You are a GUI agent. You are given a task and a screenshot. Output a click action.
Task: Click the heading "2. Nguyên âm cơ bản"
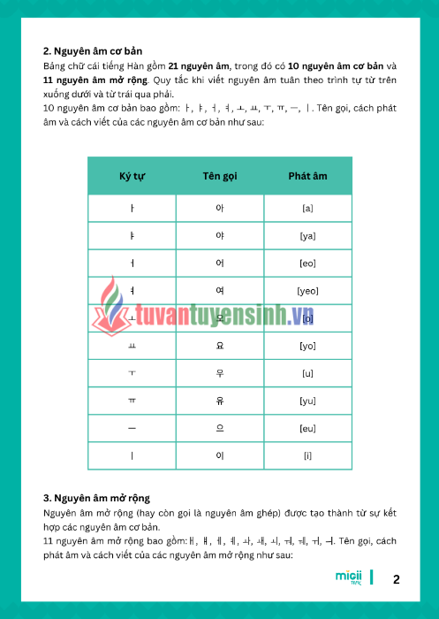tap(93, 51)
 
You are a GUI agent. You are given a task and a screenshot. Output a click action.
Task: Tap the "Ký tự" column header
tap(132, 176)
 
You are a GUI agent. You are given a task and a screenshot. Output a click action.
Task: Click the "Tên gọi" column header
tap(219, 176)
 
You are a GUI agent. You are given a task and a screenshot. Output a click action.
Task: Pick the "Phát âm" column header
tap(307, 176)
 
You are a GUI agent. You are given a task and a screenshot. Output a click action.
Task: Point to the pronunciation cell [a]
tap(307, 208)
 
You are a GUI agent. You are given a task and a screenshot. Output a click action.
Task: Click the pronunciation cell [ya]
tap(307, 236)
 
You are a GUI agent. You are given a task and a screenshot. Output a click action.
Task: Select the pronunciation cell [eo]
tap(307, 264)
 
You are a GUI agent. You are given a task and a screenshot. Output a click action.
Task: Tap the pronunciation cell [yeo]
tap(307, 291)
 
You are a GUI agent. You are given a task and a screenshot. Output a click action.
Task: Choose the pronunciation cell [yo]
tap(307, 346)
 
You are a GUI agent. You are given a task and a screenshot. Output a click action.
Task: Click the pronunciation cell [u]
tap(307, 373)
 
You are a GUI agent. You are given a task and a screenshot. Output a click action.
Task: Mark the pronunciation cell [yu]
tap(307, 401)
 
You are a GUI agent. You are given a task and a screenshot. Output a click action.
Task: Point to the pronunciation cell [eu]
tap(307, 428)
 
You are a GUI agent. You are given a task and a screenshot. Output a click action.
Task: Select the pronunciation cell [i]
tap(307, 455)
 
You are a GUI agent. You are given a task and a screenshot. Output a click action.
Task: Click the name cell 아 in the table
tap(220, 208)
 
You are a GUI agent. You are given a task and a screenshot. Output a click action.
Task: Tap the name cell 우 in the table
tap(220, 373)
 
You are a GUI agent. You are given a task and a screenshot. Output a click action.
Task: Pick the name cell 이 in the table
tap(220, 455)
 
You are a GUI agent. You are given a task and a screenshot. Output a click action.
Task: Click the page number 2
tap(397, 580)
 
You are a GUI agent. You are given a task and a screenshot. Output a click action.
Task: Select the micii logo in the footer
tap(349, 577)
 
